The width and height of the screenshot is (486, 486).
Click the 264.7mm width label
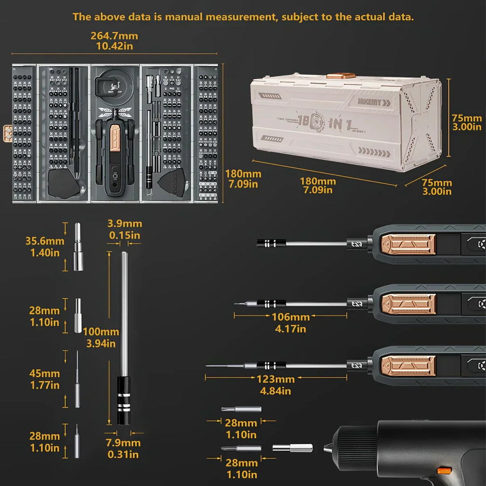[114, 36]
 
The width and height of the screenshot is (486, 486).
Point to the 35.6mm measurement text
[45, 241]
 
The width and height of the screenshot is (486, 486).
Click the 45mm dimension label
[45, 373]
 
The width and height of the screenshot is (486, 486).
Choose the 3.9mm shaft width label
[125, 224]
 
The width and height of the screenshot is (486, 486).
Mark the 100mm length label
[101, 332]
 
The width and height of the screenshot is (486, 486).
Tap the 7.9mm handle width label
[123, 443]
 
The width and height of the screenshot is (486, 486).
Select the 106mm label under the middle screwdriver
[290, 317]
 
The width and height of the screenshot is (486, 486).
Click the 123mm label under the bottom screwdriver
[276, 379]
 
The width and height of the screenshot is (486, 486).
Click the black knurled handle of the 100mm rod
[124, 400]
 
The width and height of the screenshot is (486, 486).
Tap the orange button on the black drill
[444, 471]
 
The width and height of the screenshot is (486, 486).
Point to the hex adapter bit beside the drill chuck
[292, 448]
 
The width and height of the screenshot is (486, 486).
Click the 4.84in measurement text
[275, 391]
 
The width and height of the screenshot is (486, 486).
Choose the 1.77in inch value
[45, 385]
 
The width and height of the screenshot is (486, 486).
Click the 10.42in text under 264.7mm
[114, 46]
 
